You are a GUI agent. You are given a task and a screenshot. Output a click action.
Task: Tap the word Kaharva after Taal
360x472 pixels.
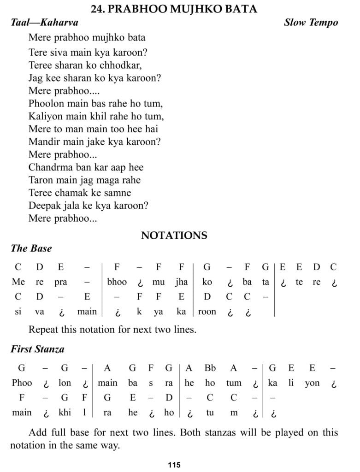(59, 23)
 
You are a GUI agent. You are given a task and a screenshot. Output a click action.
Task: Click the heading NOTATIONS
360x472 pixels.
(174, 236)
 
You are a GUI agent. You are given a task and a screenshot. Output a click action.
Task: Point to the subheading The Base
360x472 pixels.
(31, 248)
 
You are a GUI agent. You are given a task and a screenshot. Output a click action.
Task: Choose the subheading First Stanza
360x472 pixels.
(37, 349)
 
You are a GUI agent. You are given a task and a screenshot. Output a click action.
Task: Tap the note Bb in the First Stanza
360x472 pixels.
(210, 368)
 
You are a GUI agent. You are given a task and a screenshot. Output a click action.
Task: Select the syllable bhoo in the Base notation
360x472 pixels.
(117, 282)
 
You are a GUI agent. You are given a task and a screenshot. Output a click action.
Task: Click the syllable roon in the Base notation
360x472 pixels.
(207, 312)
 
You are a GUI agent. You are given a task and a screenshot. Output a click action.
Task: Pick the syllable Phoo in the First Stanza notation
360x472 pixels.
(22, 383)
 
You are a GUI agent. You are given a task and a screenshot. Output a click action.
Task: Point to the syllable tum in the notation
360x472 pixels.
(234, 383)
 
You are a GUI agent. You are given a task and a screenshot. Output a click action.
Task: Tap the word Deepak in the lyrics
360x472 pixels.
(43, 206)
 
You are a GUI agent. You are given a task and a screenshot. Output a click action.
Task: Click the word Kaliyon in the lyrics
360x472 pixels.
(45, 116)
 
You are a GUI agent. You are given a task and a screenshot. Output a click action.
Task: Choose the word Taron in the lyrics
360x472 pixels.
(41, 180)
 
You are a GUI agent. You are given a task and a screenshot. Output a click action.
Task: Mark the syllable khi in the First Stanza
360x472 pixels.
(65, 413)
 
